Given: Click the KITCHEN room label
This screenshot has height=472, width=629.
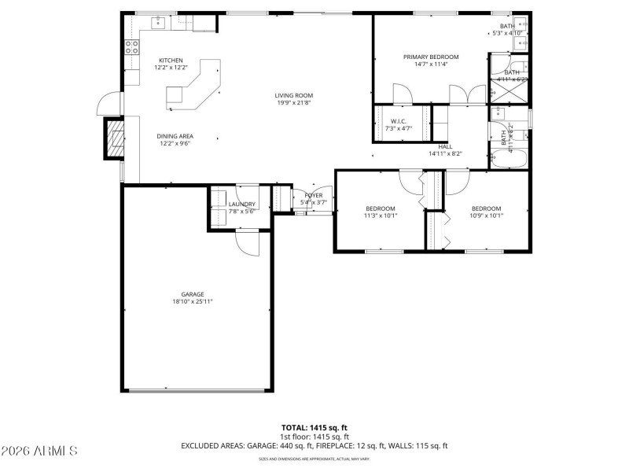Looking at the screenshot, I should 171,61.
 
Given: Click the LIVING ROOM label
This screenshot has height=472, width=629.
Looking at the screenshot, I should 294,95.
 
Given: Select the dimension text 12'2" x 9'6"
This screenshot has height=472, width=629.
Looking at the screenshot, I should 175,143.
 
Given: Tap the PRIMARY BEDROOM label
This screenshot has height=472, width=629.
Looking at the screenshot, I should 431,57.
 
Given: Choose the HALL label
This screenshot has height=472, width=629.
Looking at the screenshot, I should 445,146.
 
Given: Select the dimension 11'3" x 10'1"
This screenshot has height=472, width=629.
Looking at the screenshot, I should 381,216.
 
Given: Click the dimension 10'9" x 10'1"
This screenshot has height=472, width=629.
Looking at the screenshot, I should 486,216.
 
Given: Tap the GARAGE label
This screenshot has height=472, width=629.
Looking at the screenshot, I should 193,294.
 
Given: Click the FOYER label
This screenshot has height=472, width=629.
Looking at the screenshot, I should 314,195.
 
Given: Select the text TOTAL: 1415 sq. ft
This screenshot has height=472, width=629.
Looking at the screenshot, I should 314,427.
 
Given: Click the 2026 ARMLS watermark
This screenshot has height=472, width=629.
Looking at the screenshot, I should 39,451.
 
